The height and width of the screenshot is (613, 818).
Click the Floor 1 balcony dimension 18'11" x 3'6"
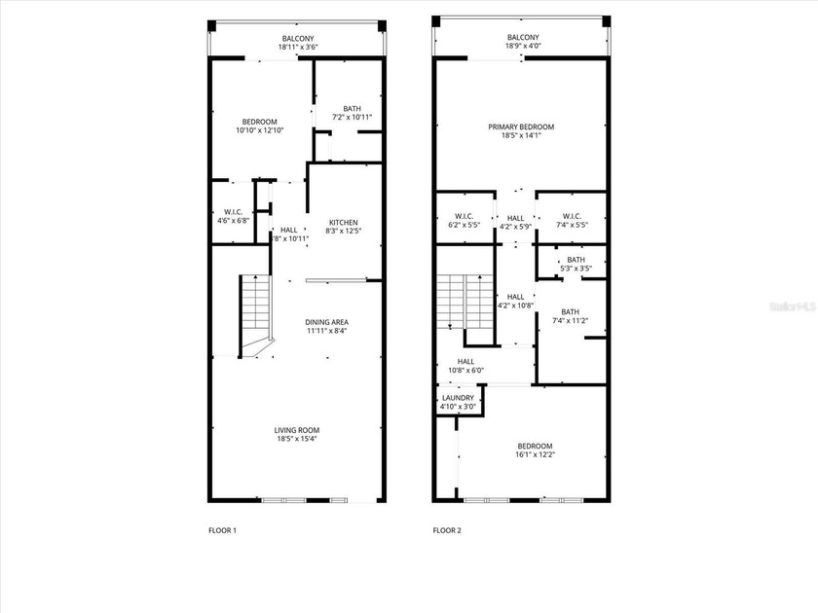coord(297,47)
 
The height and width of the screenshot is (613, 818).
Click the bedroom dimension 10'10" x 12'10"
coord(256,129)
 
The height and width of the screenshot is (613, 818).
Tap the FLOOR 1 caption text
coord(222,530)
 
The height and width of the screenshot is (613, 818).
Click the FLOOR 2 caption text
coord(447,530)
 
